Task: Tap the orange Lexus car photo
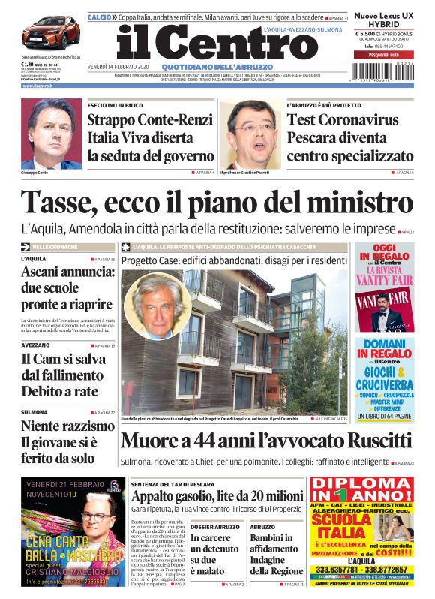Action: (50, 32)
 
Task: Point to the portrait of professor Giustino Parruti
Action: (251, 135)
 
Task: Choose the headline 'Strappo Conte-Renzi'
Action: (150, 120)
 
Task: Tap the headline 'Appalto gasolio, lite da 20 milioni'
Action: (217, 495)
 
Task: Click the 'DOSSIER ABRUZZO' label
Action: (214, 528)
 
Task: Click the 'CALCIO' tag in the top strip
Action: (99, 17)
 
